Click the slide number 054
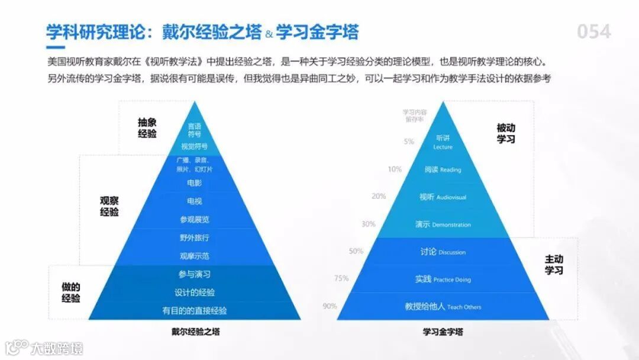tap(593, 31)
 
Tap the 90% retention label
tap(330, 306)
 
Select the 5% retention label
tap(409, 142)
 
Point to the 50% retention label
tap(356, 251)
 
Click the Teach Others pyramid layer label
tap(443, 307)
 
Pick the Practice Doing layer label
tap(443, 279)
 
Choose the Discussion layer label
tap(443, 252)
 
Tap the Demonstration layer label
tap(443, 224)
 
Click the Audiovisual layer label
tap(443, 197)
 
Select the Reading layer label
tap(443, 170)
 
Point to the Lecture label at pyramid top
tap(443, 142)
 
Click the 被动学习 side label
tap(506, 133)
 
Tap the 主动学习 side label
tap(554, 265)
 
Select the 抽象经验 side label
tap(147, 128)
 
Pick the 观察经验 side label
tap(109, 206)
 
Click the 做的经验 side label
tap(71, 292)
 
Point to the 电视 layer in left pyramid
tap(194, 201)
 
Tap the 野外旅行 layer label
tap(194, 238)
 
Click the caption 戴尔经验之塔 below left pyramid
tap(194, 332)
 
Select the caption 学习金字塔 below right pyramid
tap(443, 332)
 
